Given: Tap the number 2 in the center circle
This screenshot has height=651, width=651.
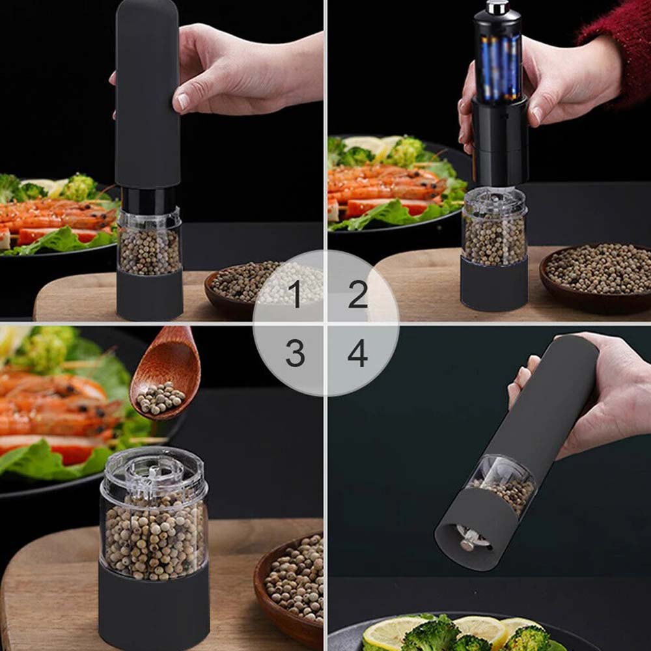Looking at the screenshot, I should pyautogui.click(x=357, y=294).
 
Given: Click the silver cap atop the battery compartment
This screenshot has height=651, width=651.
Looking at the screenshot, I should pyautogui.click(x=498, y=7).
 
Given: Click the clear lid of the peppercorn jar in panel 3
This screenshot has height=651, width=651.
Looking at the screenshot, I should pyautogui.click(x=154, y=471).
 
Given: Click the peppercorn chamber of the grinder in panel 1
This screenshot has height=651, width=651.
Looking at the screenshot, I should pyautogui.click(x=149, y=247).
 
